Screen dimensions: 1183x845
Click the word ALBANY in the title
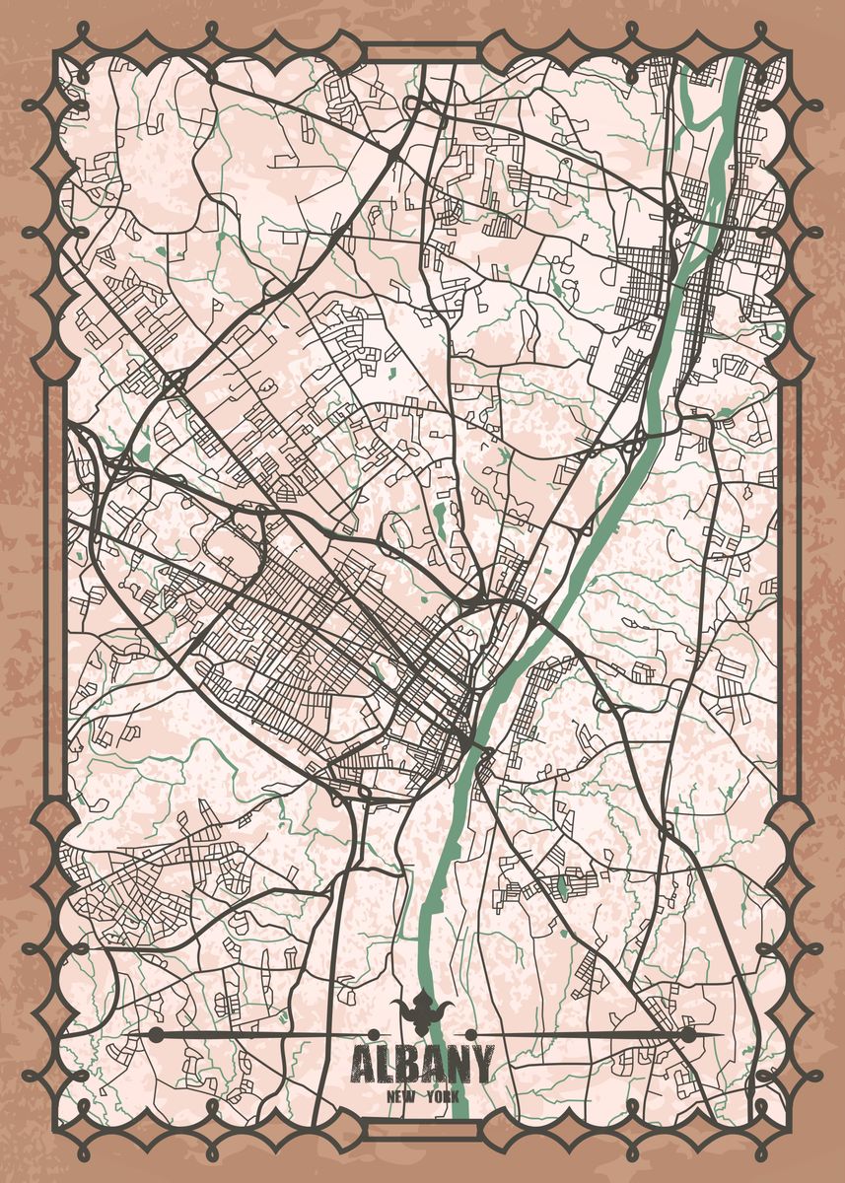pyautogui.click(x=422, y=1065)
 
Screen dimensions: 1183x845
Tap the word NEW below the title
pyautogui.click(x=400, y=1097)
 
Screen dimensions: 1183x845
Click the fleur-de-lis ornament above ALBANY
pyautogui.click(x=422, y=1011)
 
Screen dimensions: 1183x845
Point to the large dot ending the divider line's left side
pyautogui.click(x=156, y=1033)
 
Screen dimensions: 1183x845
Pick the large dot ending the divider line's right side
pyautogui.click(x=687, y=1033)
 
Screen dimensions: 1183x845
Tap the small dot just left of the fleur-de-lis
pyautogui.click(x=375, y=1033)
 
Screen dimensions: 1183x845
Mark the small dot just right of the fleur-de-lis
pyautogui.click(x=470, y=1033)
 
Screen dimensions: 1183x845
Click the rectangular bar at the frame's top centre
pyautogui.click(x=422, y=52)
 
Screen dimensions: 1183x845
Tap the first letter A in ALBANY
pyautogui.click(x=362, y=1065)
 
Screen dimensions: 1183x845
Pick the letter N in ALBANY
pyautogui.click(x=458, y=1065)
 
